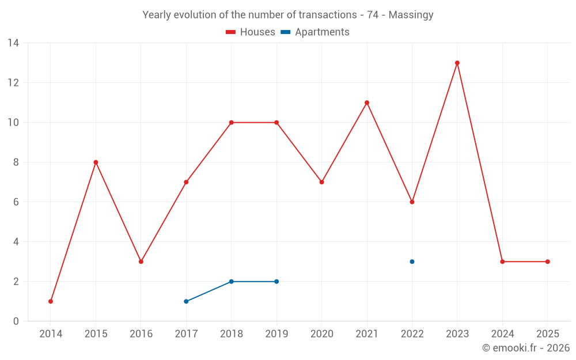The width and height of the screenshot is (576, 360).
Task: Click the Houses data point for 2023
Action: click(457, 63)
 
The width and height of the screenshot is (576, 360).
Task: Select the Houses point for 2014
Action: click(51, 301)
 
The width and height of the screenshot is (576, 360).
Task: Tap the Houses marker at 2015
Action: click(96, 162)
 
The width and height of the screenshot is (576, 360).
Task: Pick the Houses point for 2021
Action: click(367, 103)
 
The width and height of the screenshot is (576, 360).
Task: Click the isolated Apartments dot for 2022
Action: click(412, 262)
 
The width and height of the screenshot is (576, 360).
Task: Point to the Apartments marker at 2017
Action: click(186, 301)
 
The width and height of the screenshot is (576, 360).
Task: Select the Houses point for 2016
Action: click(141, 262)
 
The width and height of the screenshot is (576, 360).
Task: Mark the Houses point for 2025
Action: click(548, 262)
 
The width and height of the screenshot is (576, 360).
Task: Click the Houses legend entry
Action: click(251, 32)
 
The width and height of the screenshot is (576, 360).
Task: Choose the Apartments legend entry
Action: click(316, 32)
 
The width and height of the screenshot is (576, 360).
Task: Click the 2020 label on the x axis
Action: click(321, 334)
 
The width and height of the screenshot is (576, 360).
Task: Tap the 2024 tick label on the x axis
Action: click(502, 334)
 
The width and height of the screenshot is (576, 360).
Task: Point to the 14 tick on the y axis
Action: click(13, 43)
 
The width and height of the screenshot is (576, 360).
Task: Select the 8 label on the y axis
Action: click(16, 162)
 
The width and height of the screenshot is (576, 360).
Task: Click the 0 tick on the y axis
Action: click(16, 321)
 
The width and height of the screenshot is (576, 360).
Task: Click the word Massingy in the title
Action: click(411, 15)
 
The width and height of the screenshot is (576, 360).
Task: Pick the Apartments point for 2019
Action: click(276, 282)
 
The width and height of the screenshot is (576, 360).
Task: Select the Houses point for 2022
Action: click(412, 202)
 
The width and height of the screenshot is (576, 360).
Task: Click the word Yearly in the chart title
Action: click(157, 15)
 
